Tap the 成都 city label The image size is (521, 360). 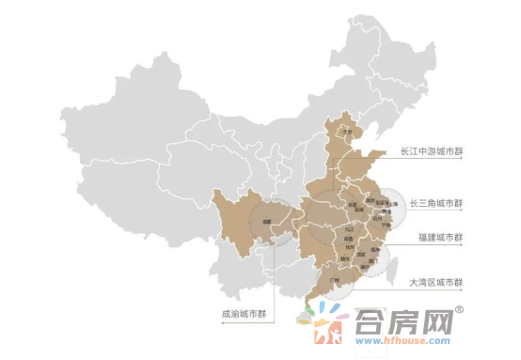pyautogui.click(x=267, y=223)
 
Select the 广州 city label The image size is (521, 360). pyautogui.click(x=333, y=280)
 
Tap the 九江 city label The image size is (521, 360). pyautogui.click(x=350, y=228)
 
